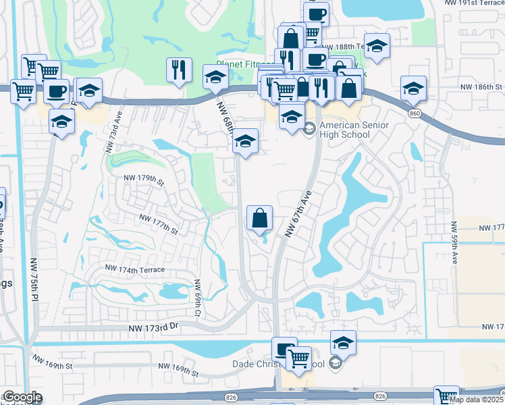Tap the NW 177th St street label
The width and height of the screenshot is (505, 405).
(158, 224)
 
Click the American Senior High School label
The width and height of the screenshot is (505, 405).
(345, 130)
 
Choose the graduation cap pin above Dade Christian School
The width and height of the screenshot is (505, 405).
(343, 344)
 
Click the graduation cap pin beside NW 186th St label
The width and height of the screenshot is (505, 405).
(413, 88)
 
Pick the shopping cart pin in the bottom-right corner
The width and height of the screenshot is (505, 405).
(446, 396)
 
